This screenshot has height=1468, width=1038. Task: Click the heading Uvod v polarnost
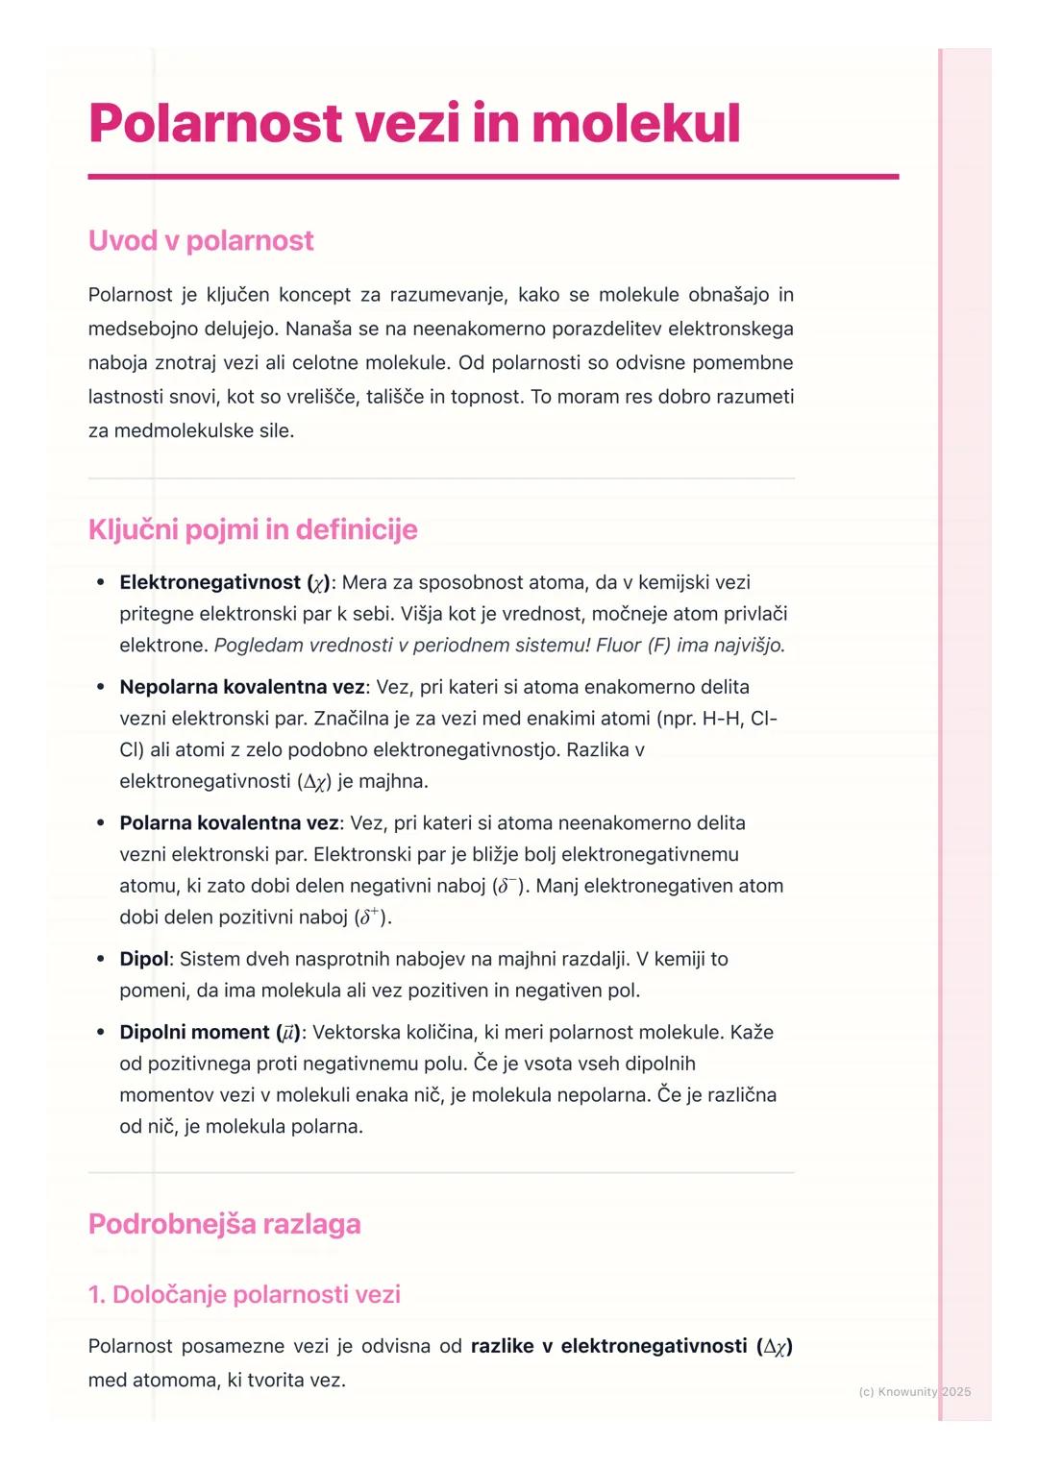[x=201, y=240]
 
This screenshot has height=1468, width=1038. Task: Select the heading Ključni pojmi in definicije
[x=253, y=529]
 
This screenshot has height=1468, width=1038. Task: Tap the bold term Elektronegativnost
[x=210, y=582]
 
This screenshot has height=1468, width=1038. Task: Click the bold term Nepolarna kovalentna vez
[x=241, y=687]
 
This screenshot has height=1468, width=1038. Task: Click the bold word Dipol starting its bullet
[x=143, y=959]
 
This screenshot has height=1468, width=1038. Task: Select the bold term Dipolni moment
[x=194, y=1032]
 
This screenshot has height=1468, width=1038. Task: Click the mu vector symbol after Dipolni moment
[x=287, y=1033]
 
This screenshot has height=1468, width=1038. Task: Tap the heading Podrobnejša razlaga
[x=224, y=1224]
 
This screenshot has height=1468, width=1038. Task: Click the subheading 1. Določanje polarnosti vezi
[x=244, y=1294]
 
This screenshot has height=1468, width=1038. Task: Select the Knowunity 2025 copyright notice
[x=914, y=1391]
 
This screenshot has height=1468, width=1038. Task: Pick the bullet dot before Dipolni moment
[x=101, y=1032]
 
